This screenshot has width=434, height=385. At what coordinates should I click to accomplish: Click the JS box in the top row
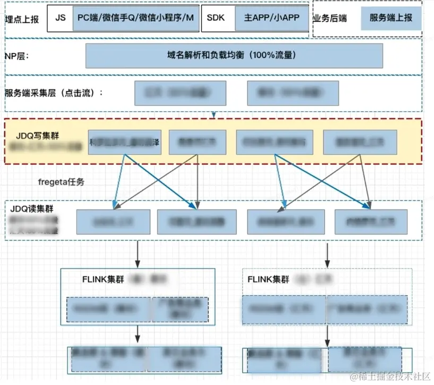point(60,18)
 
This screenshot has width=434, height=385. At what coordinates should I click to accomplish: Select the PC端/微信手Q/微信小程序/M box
point(135,18)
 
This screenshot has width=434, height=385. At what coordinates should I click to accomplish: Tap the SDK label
point(216,18)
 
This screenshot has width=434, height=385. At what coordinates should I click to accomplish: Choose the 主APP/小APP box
point(271,18)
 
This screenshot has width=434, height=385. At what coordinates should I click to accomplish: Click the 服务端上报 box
point(391,18)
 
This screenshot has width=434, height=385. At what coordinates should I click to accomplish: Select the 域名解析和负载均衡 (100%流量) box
point(234,55)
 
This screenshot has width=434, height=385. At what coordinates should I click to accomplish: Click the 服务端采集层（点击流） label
point(53,93)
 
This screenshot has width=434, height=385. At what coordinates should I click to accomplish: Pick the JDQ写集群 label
point(38,136)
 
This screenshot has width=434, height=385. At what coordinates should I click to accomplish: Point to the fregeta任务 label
point(61,182)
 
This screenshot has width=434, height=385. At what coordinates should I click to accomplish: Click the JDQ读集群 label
point(32,208)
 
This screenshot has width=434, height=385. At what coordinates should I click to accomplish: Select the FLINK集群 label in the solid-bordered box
point(104,279)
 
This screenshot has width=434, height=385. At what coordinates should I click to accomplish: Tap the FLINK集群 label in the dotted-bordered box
point(269,279)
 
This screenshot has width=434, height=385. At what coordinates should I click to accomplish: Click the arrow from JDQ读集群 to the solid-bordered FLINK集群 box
point(138,254)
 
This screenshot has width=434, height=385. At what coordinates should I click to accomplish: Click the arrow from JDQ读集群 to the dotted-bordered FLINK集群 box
point(327,254)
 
